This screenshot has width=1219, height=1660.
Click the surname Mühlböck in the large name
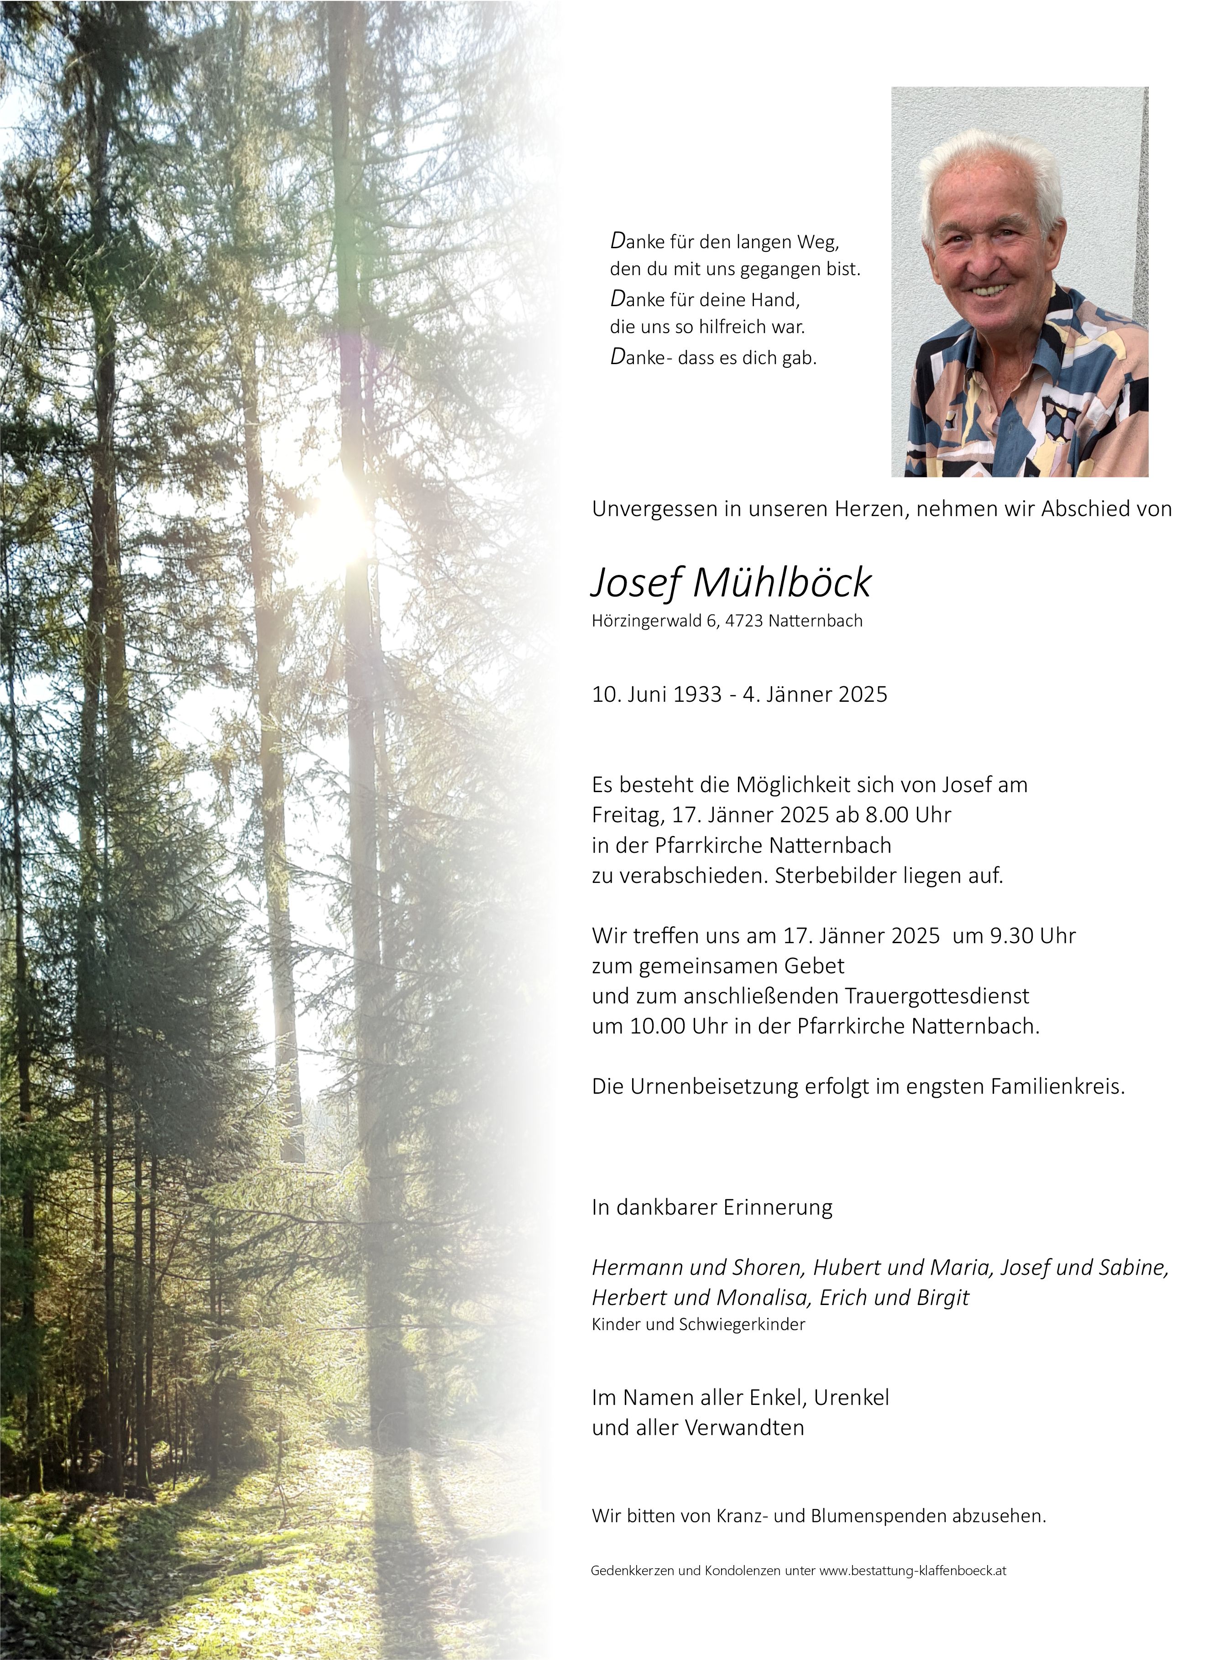click(782, 583)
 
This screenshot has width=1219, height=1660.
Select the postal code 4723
click(744, 621)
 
